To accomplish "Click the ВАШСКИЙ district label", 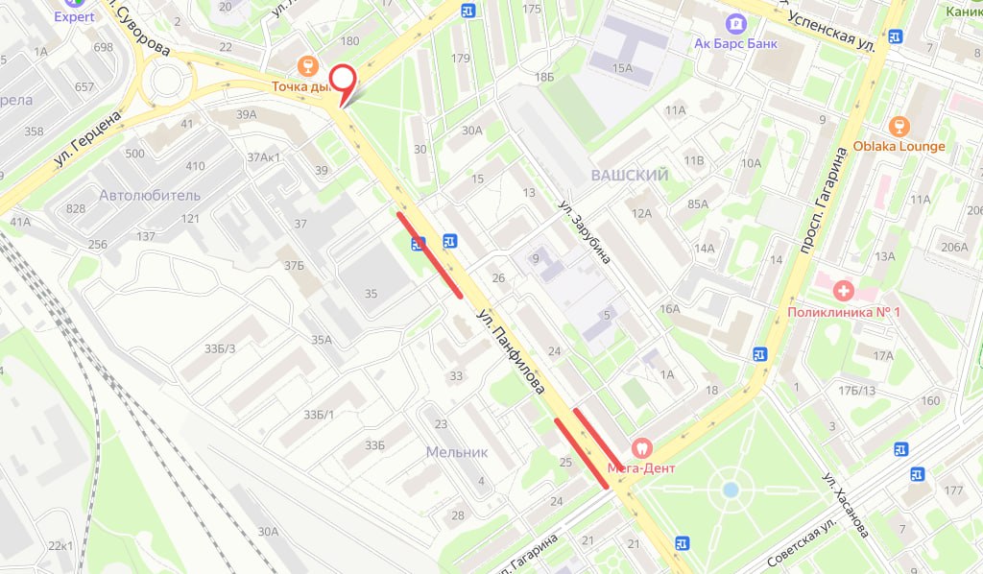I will coord(630,176).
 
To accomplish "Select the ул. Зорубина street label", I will coord(586,231).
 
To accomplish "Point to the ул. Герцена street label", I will coord(87,140).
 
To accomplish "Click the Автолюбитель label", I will coord(150,196).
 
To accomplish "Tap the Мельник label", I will coord(457,451).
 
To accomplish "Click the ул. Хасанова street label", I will coord(846,504).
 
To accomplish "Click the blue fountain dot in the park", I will coord(731,490).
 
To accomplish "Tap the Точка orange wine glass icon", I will coord(308,65).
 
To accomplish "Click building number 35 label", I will coord(372,294).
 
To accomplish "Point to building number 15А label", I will coord(623,67).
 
